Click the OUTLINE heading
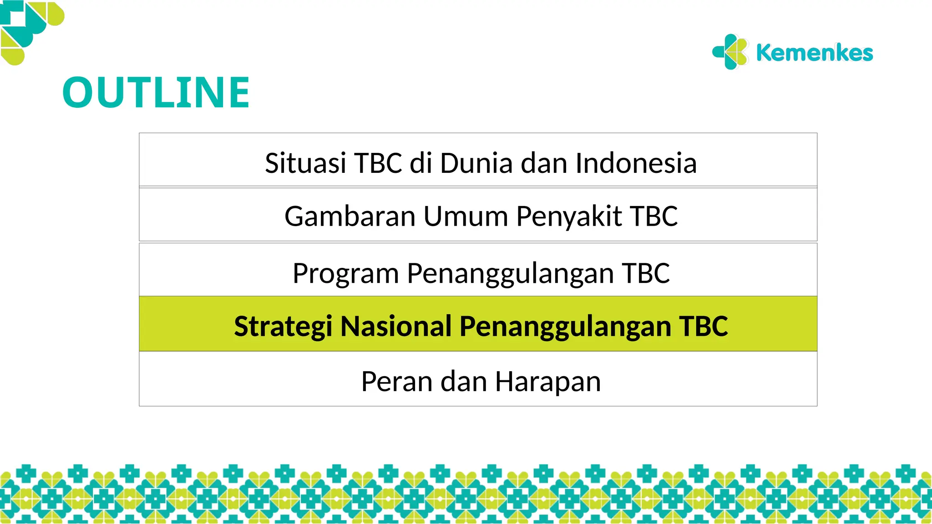coord(156,93)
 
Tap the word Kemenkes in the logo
coord(814,53)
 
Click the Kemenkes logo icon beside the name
coord(730,52)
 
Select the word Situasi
coord(305,163)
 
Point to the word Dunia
coord(476,163)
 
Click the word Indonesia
coord(636,163)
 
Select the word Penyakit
coord(569,216)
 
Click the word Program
coord(346,273)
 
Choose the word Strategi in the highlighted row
coord(283,327)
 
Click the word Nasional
coord(396,326)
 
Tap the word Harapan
coord(548,382)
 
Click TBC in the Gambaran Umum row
coord(654,216)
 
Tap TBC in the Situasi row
coord(378,163)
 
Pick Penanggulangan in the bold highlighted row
coord(565,327)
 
